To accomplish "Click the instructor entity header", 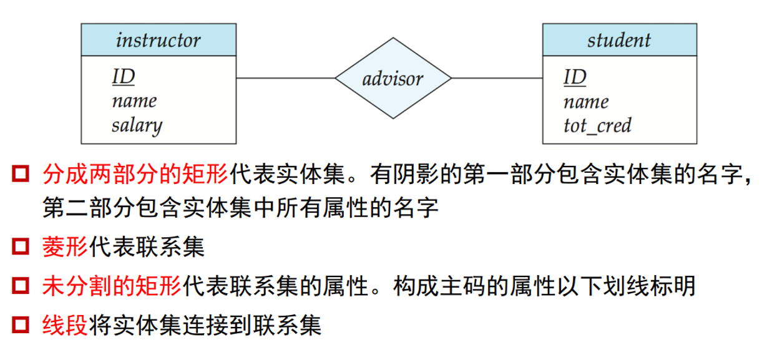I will point(158,41).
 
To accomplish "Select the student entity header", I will point(618,41).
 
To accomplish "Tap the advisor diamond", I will point(393,79).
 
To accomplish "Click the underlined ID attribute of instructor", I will point(124,77).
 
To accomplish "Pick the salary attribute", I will point(137,125).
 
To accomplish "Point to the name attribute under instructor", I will point(134,101).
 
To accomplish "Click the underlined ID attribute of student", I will point(575,77).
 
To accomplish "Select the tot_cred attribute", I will point(597,125).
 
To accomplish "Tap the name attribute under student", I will point(585,101).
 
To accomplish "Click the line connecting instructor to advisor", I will point(285,78).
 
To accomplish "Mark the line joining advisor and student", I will point(496,78).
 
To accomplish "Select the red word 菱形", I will point(66,248).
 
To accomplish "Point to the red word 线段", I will point(66,325).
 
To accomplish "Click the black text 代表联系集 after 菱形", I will point(147,248).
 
